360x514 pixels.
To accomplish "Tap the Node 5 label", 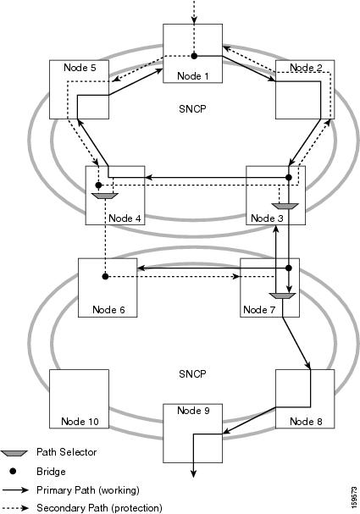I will click(82, 66).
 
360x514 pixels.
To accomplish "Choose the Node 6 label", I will click(108, 309).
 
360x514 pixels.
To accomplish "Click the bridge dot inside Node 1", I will click(194, 57).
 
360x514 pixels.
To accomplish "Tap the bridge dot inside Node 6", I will click(104, 276).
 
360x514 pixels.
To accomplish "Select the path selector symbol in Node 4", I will click(102, 198).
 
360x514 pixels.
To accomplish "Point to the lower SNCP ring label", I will click(193, 373).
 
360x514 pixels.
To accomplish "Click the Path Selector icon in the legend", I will click(19, 453).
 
